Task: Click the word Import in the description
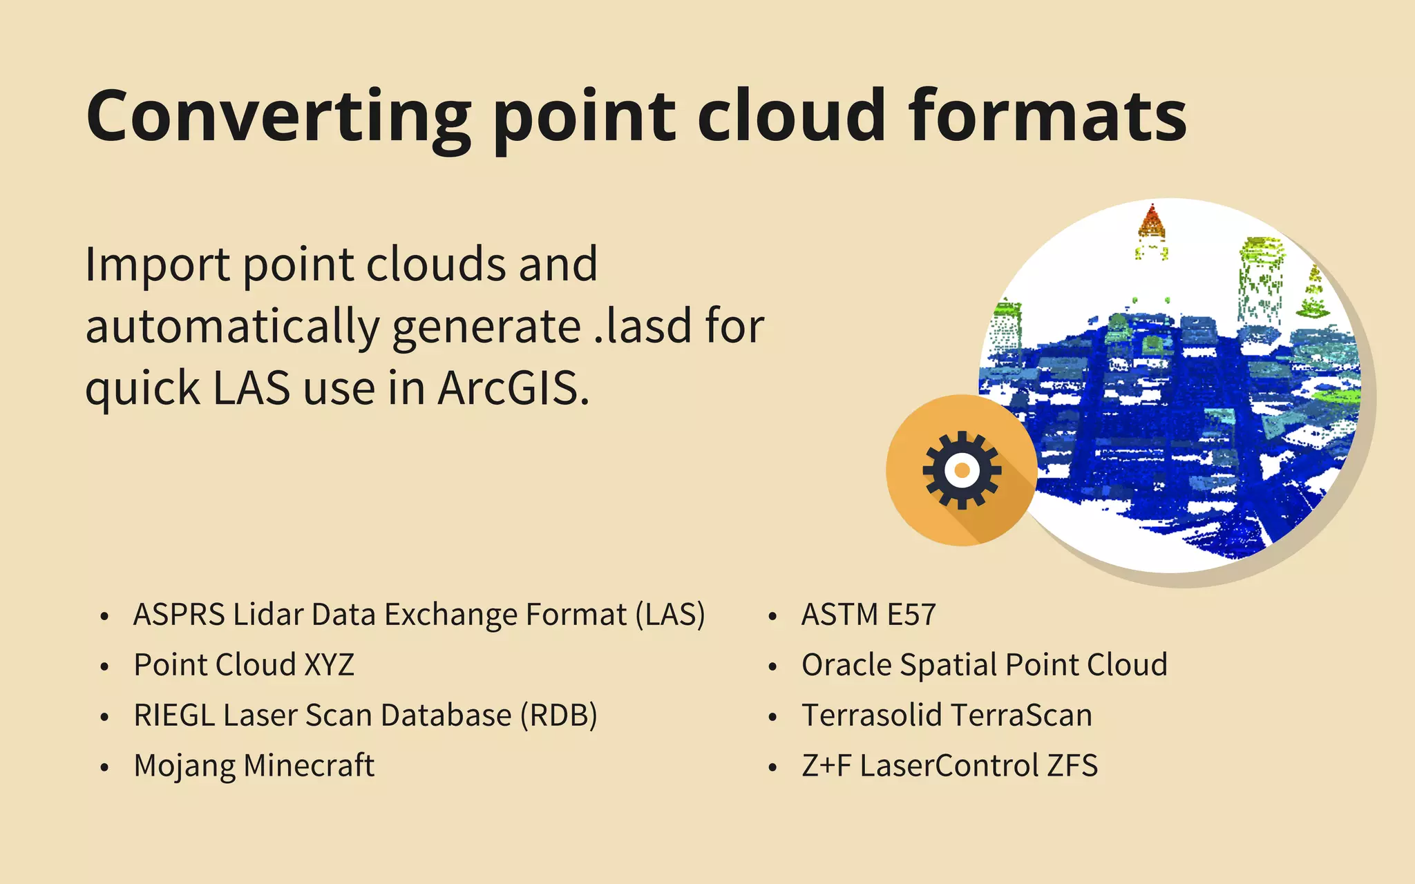tap(158, 265)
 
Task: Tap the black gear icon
tap(961, 470)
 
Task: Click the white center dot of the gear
tap(962, 470)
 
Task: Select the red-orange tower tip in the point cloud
tap(1152, 221)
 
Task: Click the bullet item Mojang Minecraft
tap(254, 766)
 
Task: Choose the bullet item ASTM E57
tap(868, 615)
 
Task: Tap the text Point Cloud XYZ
tap(244, 665)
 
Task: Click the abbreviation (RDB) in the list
tap(559, 715)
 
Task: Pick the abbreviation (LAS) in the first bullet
tap(670, 615)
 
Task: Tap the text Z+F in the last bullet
tap(826, 766)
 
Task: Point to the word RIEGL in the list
tap(174, 715)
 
